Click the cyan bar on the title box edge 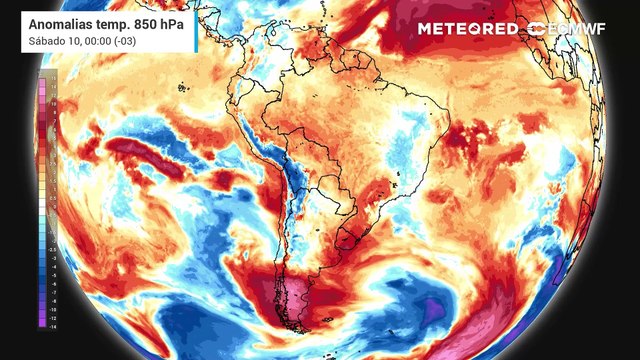(20, 29)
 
